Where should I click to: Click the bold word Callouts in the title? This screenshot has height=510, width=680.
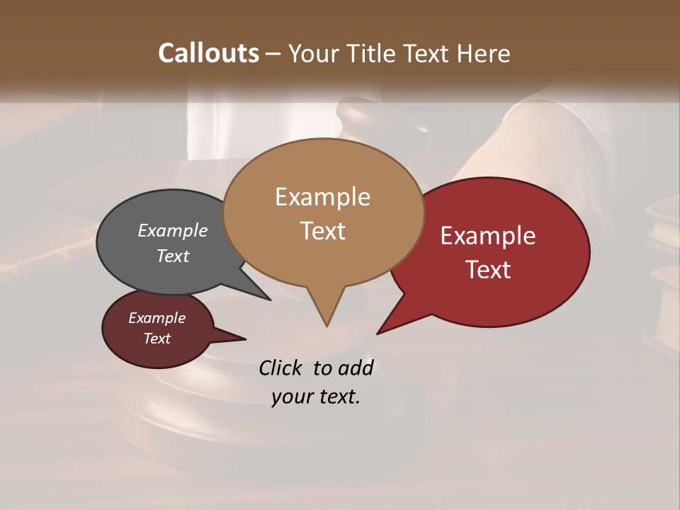[x=208, y=53]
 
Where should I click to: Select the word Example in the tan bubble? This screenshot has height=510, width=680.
[x=322, y=197]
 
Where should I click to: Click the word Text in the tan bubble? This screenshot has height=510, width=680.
[x=322, y=231]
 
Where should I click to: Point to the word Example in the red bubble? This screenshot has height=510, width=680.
[x=488, y=236]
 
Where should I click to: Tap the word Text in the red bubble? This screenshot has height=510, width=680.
[x=488, y=270]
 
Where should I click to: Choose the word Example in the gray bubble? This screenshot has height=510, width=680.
[x=173, y=230]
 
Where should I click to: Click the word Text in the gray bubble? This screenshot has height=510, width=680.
[x=173, y=256]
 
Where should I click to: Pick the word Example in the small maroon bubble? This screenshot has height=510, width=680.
[x=157, y=318]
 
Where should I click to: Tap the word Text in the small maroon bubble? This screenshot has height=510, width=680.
[x=157, y=339]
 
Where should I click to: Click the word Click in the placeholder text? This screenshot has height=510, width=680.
[x=280, y=368]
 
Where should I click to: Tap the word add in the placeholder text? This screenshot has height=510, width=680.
[x=356, y=368]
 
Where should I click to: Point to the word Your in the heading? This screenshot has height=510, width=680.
[x=312, y=53]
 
